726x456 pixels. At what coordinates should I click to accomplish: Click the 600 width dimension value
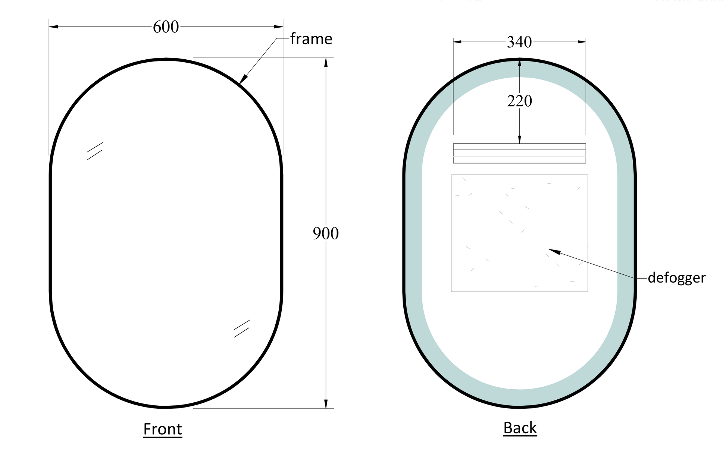166,27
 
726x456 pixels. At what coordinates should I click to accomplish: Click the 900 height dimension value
325,234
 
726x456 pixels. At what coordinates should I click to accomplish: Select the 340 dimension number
519,42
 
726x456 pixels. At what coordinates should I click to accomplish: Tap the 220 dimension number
519,101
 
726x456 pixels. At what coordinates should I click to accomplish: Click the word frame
311,39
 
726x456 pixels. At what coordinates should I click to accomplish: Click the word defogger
676,278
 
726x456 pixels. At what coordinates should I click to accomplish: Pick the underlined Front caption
163,429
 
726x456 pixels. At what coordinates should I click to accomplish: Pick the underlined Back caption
520,428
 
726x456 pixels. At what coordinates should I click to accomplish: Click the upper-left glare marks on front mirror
95,151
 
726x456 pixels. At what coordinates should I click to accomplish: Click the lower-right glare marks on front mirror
242,328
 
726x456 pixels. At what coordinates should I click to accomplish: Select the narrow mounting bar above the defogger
519,153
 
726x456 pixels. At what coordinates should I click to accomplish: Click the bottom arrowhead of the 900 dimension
326,404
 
